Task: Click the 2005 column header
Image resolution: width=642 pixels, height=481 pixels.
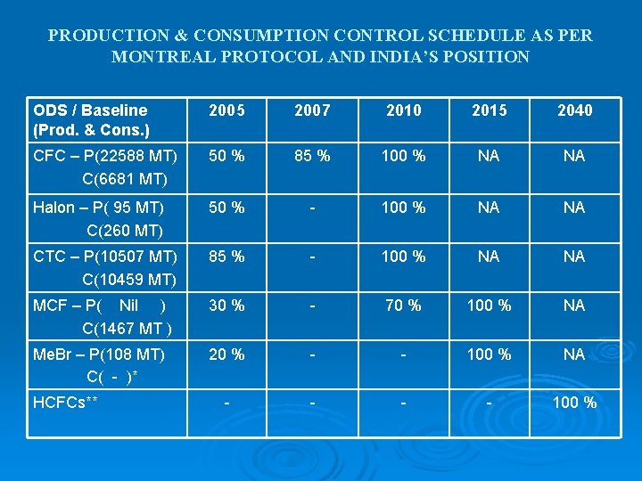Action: click(226, 110)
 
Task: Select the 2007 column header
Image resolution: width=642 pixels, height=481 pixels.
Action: click(312, 110)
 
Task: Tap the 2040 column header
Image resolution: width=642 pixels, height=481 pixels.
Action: click(574, 110)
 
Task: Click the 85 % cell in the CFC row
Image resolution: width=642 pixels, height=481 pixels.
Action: click(312, 156)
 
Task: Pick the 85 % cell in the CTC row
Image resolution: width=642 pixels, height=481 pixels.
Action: click(226, 257)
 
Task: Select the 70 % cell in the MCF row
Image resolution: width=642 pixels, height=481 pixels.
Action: click(403, 306)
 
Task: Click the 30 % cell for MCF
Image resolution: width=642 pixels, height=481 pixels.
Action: click(226, 306)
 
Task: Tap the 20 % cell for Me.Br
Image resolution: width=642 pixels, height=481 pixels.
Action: click(226, 355)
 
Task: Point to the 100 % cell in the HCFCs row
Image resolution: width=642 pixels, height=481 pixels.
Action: click(574, 403)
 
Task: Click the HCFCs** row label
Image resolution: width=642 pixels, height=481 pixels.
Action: click(65, 403)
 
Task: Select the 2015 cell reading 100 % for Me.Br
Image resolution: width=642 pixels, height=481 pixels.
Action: click(489, 355)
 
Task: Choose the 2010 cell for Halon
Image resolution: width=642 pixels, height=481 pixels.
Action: click(403, 208)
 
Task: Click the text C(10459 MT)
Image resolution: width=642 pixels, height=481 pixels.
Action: click(128, 280)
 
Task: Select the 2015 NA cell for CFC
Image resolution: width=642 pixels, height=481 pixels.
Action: click(489, 156)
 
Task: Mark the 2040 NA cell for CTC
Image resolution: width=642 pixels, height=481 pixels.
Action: click(574, 257)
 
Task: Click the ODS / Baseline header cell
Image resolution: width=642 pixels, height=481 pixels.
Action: click(90, 119)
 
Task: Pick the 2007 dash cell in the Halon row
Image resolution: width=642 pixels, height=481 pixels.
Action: click(312, 208)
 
